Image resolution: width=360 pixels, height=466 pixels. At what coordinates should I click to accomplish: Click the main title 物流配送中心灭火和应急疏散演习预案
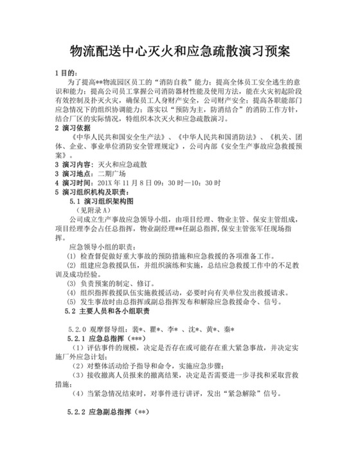[179, 51]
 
